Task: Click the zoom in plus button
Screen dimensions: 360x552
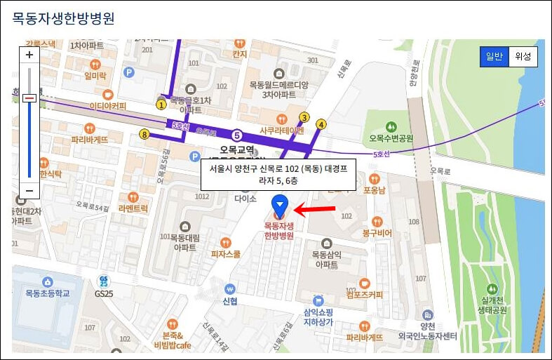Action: pos(29,55)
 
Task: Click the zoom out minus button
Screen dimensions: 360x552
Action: pos(29,190)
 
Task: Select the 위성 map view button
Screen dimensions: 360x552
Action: pos(523,57)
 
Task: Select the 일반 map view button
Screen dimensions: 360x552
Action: pos(494,57)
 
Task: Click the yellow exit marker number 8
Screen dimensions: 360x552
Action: pos(144,134)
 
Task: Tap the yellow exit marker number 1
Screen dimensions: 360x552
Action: pos(161,105)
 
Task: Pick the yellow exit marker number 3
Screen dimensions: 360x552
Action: pos(304,117)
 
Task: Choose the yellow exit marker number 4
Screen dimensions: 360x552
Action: pos(321,124)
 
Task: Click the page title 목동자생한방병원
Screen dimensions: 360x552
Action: pos(64,18)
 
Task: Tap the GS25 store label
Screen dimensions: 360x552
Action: pos(103,293)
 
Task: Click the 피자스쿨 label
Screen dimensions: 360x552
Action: pos(225,255)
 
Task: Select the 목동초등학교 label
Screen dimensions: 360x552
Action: pos(48,293)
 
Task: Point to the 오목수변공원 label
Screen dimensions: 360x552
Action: pos(391,138)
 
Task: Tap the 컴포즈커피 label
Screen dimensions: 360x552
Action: pos(363,295)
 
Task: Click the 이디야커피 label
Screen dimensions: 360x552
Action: pos(107,106)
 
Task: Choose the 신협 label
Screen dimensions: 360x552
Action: pos(229,301)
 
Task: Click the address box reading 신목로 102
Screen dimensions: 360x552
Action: pos(278,175)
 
